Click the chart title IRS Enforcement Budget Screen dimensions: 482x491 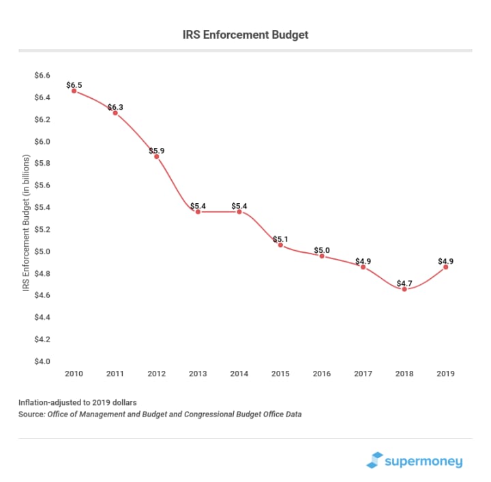click(245, 34)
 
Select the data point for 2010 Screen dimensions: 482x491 click(74, 91)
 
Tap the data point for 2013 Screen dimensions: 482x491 click(198, 212)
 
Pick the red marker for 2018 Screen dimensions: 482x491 click(404, 289)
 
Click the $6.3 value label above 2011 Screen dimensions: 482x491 click(115, 107)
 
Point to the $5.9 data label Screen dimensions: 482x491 click(156, 151)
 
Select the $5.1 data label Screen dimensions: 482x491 click(280, 239)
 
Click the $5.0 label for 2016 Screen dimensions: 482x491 click(322, 250)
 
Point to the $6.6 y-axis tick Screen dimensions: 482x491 click(42, 76)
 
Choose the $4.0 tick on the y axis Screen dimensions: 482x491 click(42, 361)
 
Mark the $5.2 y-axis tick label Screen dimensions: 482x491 click(42, 230)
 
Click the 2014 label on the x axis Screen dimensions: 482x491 click(239, 374)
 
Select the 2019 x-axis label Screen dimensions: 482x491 click(445, 374)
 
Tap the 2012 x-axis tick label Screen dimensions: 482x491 click(156, 374)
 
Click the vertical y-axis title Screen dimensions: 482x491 click(26, 218)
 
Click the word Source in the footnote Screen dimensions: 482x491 click(31, 414)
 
